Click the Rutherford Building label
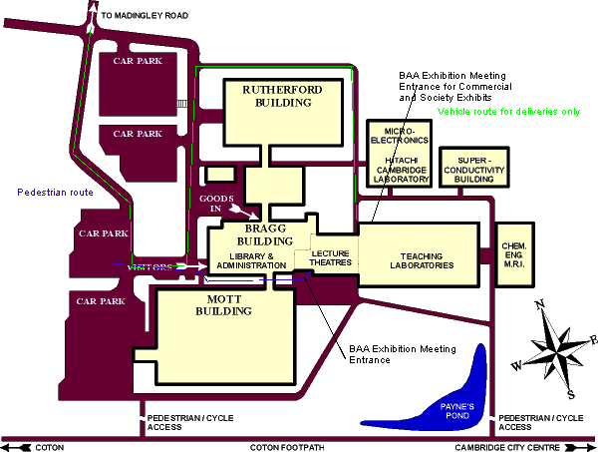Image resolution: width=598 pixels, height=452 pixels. coord(283,96)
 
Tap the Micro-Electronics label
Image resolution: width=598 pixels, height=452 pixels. coord(407,135)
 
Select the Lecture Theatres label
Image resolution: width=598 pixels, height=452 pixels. coord(331,259)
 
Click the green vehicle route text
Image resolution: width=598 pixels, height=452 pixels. coord(508,112)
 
